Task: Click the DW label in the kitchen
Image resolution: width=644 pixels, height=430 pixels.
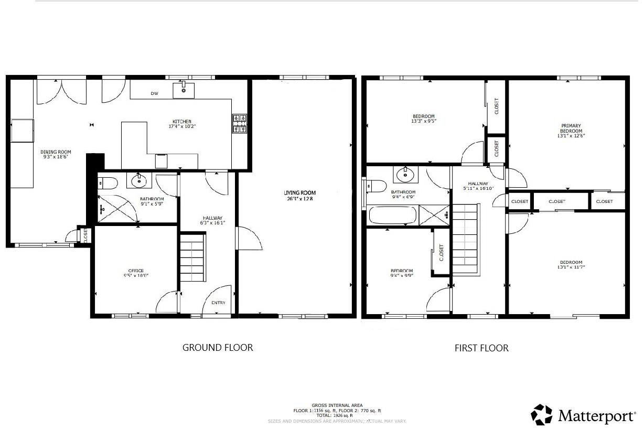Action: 154,94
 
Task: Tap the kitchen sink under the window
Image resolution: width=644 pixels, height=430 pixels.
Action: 184,90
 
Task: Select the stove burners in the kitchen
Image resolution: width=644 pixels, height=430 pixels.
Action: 240,123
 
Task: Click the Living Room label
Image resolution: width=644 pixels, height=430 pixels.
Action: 300,192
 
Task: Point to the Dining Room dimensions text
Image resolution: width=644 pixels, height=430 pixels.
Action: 56,157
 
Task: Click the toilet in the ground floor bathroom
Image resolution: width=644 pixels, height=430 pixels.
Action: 108,183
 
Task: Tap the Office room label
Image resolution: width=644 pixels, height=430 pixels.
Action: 133,271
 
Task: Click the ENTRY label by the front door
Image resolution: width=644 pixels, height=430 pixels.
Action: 219,303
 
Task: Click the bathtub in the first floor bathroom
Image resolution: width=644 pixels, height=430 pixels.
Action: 393,215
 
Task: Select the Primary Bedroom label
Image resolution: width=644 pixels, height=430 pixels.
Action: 571,128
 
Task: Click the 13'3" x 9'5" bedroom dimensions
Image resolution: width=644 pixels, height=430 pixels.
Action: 423,121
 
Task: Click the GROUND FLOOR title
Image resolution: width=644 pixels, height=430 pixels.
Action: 218,347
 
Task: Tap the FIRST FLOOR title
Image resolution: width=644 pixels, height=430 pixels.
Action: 481,348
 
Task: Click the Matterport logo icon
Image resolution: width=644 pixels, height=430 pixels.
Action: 542,414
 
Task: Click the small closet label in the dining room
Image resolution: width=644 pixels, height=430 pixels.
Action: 85,236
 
